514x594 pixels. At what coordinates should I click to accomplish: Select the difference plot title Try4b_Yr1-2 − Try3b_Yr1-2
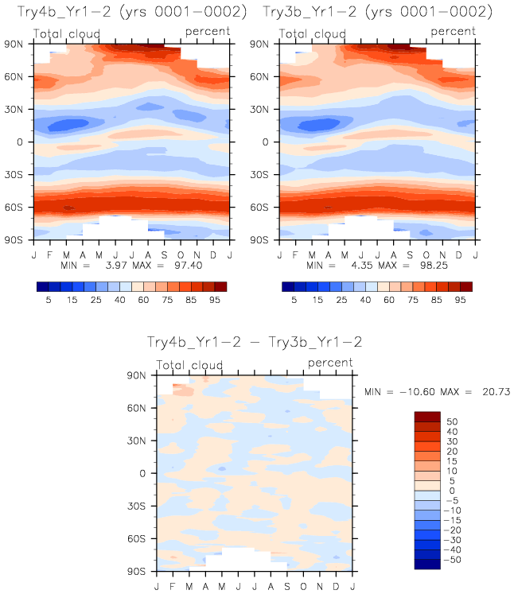(255, 342)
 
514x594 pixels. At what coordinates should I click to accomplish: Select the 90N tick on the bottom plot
(145, 375)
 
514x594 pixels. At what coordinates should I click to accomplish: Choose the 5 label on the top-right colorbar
(294, 301)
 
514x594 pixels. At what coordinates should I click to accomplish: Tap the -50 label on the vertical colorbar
(452, 559)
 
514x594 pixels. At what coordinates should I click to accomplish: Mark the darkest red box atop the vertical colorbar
(427, 416)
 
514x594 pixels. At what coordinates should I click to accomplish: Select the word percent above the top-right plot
(453, 32)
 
